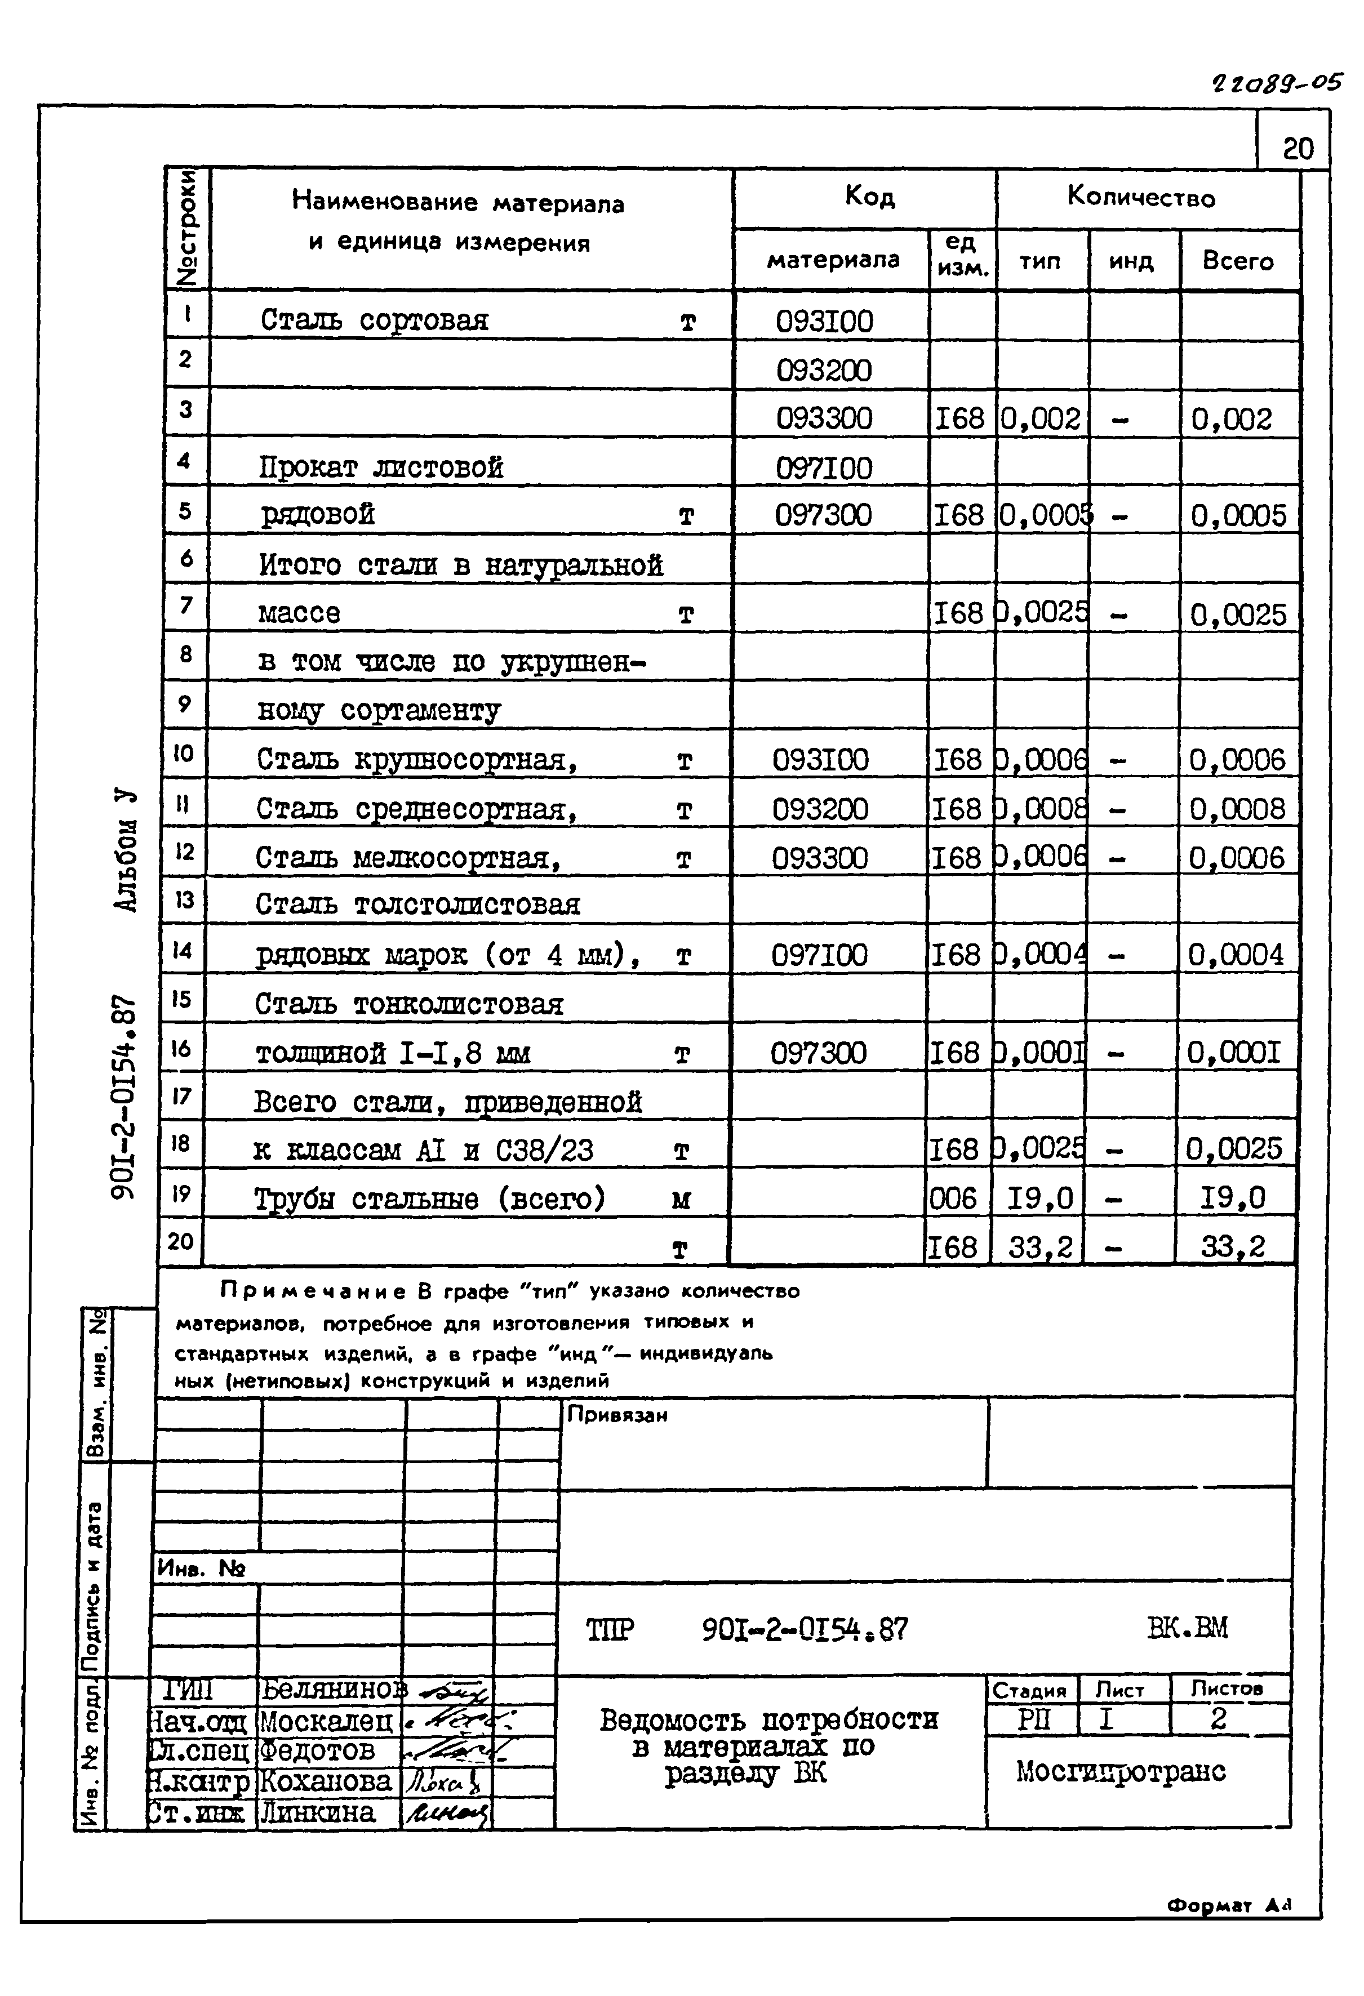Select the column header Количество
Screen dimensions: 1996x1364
(1141, 198)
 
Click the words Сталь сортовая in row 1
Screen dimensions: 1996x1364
(375, 320)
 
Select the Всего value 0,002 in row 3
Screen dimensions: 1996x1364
(1231, 419)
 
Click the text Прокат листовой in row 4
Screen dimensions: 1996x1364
(380, 467)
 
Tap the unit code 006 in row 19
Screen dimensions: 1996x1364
(953, 1198)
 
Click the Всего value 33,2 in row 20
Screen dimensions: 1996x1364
(1233, 1246)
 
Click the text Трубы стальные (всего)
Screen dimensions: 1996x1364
(429, 1198)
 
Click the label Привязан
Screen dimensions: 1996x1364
(617, 1415)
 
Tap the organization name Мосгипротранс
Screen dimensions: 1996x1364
(1120, 1771)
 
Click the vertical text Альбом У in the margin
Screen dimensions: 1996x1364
(126, 849)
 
